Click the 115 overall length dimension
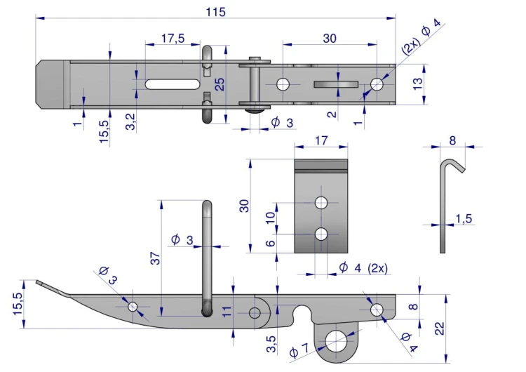point(216,12)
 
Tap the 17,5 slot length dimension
point(173,39)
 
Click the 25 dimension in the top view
point(220,84)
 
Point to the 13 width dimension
point(418,84)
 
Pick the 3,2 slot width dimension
point(130,121)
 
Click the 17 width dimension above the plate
point(321,140)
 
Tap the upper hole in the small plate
point(321,203)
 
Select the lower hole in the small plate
point(321,234)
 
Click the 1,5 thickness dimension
point(464,218)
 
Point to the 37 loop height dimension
point(156,258)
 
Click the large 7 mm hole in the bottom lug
point(337,342)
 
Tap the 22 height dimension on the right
point(440,328)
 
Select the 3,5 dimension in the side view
point(271,344)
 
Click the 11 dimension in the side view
point(227,312)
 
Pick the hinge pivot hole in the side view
point(255,313)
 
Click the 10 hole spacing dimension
point(271,218)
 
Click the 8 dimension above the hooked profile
point(452,140)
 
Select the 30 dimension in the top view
point(330,39)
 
